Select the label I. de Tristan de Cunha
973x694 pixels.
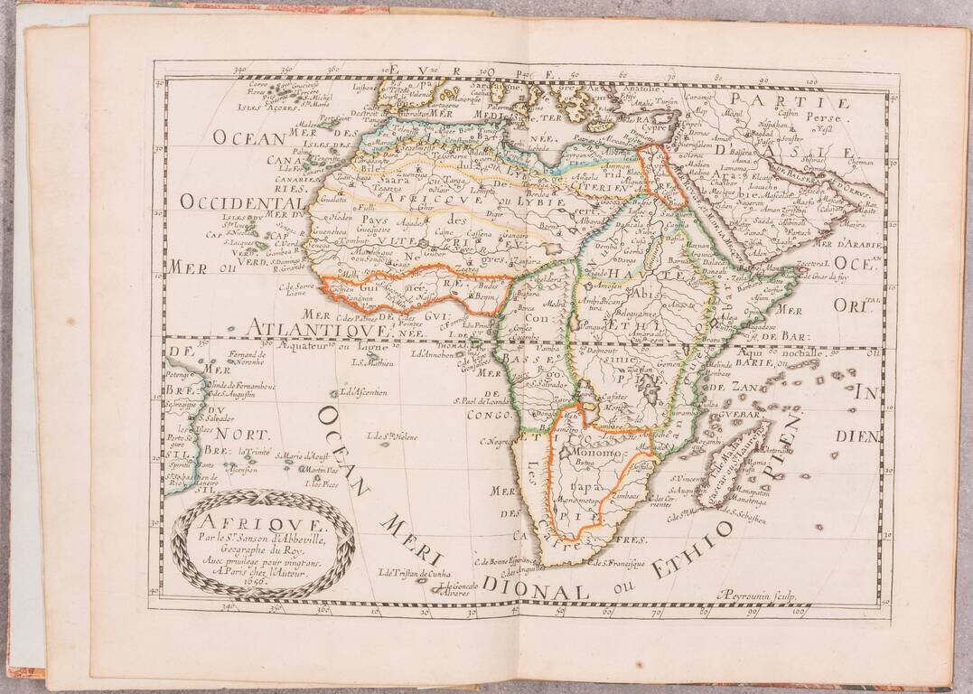pyautogui.click(x=415, y=572)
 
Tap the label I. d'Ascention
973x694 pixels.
pyautogui.click(x=364, y=392)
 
